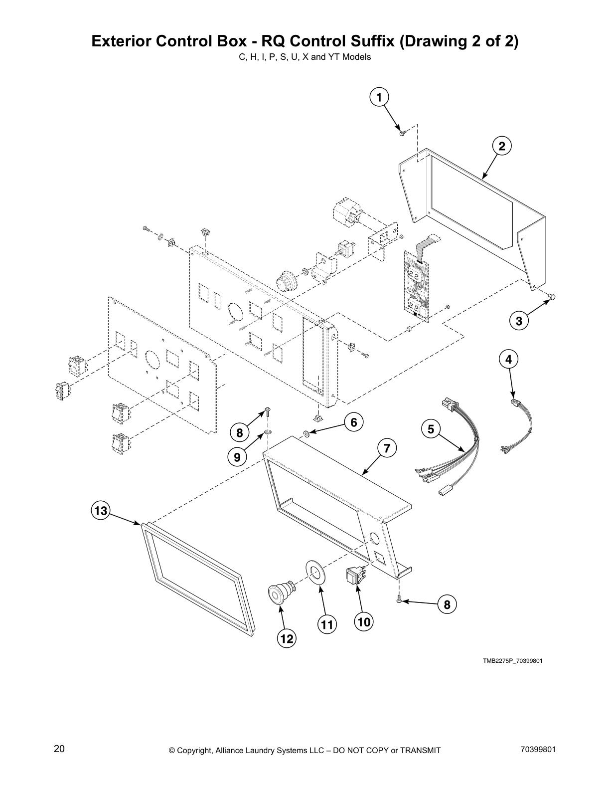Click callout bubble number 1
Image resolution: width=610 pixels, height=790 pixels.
(x=379, y=97)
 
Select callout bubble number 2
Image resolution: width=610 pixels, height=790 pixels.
(x=502, y=146)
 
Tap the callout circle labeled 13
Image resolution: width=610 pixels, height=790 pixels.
(x=100, y=511)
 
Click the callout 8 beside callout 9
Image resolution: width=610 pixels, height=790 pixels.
(x=240, y=433)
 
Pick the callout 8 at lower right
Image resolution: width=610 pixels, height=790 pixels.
(x=447, y=604)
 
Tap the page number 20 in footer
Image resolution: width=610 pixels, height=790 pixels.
(x=59, y=749)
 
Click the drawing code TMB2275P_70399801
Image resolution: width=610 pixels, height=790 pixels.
(x=512, y=661)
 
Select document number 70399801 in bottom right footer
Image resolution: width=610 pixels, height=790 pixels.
(x=537, y=750)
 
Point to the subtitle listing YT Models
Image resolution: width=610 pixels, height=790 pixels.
(x=305, y=57)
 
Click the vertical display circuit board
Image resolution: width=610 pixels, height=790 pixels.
(x=416, y=282)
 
